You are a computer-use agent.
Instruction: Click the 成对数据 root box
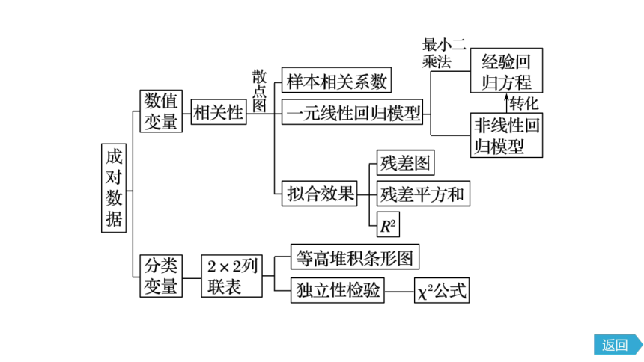click(114, 188)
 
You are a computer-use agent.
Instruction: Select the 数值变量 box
click(161, 111)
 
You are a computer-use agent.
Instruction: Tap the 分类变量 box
click(161, 276)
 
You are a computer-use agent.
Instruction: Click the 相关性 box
click(219, 111)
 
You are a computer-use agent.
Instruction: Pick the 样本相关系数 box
click(336, 80)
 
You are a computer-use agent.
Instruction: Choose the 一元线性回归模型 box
click(353, 111)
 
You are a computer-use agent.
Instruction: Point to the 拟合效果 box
click(320, 193)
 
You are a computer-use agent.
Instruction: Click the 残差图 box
click(405, 162)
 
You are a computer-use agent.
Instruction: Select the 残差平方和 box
click(423, 193)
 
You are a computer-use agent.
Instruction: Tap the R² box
click(388, 224)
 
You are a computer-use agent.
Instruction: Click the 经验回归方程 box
click(506, 70)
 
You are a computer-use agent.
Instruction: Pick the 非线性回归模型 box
click(506, 135)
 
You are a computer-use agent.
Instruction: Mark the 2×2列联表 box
click(231, 276)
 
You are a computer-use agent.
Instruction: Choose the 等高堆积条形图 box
click(355, 257)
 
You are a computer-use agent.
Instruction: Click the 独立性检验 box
click(338, 291)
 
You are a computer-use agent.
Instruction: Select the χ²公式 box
click(442, 291)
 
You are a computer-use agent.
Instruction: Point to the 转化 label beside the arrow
click(524, 103)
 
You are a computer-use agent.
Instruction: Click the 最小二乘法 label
click(444, 53)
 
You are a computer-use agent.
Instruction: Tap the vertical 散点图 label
click(259, 90)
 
